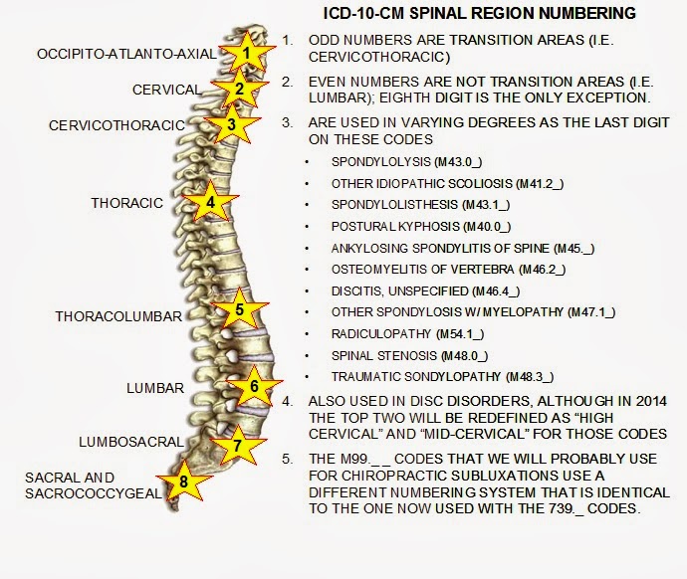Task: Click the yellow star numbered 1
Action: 247,53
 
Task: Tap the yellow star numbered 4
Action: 210,202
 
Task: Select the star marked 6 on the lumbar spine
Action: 255,386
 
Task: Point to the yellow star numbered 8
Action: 183,482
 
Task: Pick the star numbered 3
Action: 232,124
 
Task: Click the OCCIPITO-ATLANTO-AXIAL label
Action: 126,54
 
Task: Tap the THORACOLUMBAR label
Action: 118,316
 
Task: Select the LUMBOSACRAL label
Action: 131,442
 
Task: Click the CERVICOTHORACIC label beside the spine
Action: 116,125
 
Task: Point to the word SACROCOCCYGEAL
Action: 94,493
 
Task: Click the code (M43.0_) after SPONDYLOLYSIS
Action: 458,162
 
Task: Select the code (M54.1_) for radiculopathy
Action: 460,334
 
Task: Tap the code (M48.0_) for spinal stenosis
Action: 464,356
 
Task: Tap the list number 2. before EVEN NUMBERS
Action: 288,82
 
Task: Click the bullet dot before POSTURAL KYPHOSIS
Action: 307,227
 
